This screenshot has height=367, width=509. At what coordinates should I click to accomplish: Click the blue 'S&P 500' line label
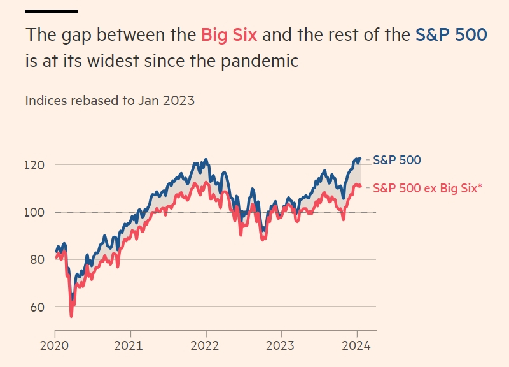click(x=396, y=160)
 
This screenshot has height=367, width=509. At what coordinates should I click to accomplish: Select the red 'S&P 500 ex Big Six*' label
click(x=427, y=188)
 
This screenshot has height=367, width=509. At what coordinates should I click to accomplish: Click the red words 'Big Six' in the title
click(x=229, y=35)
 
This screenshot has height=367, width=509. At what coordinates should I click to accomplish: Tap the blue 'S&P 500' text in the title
click(x=451, y=35)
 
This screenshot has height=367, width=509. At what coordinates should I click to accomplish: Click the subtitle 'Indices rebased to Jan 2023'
click(x=110, y=100)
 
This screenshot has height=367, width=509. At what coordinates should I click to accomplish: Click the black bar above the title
click(x=52, y=11)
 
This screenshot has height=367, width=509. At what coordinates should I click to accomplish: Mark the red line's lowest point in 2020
click(x=71, y=315)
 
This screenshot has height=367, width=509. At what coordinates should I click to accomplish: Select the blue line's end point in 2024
click(x=360, y=159)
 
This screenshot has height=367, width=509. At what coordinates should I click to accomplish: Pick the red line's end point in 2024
click(x=361, y=186)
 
